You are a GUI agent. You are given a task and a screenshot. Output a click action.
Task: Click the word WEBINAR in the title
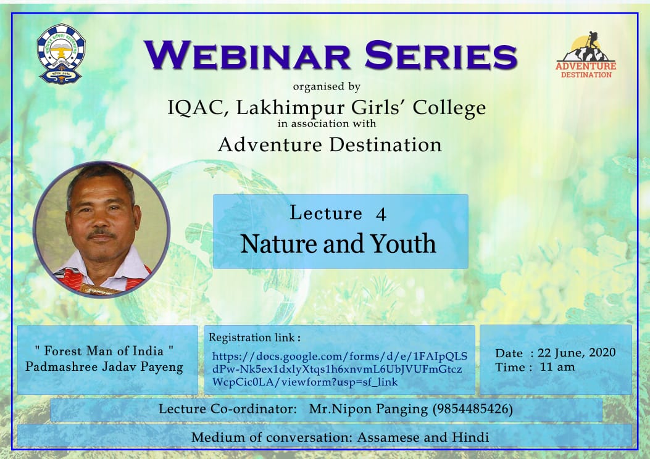(248, 55)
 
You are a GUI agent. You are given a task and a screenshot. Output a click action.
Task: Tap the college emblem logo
(61, 54)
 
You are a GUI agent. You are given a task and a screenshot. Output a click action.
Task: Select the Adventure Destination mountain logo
(586, 55)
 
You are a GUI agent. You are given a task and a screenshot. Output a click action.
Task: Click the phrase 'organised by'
(327, 86)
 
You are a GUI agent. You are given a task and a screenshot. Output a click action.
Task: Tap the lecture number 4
(381, 214)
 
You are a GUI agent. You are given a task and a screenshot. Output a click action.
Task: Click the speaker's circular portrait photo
(102, 229)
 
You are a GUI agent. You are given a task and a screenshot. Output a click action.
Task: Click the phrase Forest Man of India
(104, 351)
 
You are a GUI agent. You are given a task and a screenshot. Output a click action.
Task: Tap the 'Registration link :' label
(254, 337)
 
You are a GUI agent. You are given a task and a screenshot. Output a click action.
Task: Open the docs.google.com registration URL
(340, 369)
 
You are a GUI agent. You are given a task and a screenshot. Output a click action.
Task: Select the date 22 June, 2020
(577, 353)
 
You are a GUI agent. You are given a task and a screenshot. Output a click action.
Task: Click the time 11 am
(557, 367)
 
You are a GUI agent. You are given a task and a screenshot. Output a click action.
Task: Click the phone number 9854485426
(473, 409)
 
